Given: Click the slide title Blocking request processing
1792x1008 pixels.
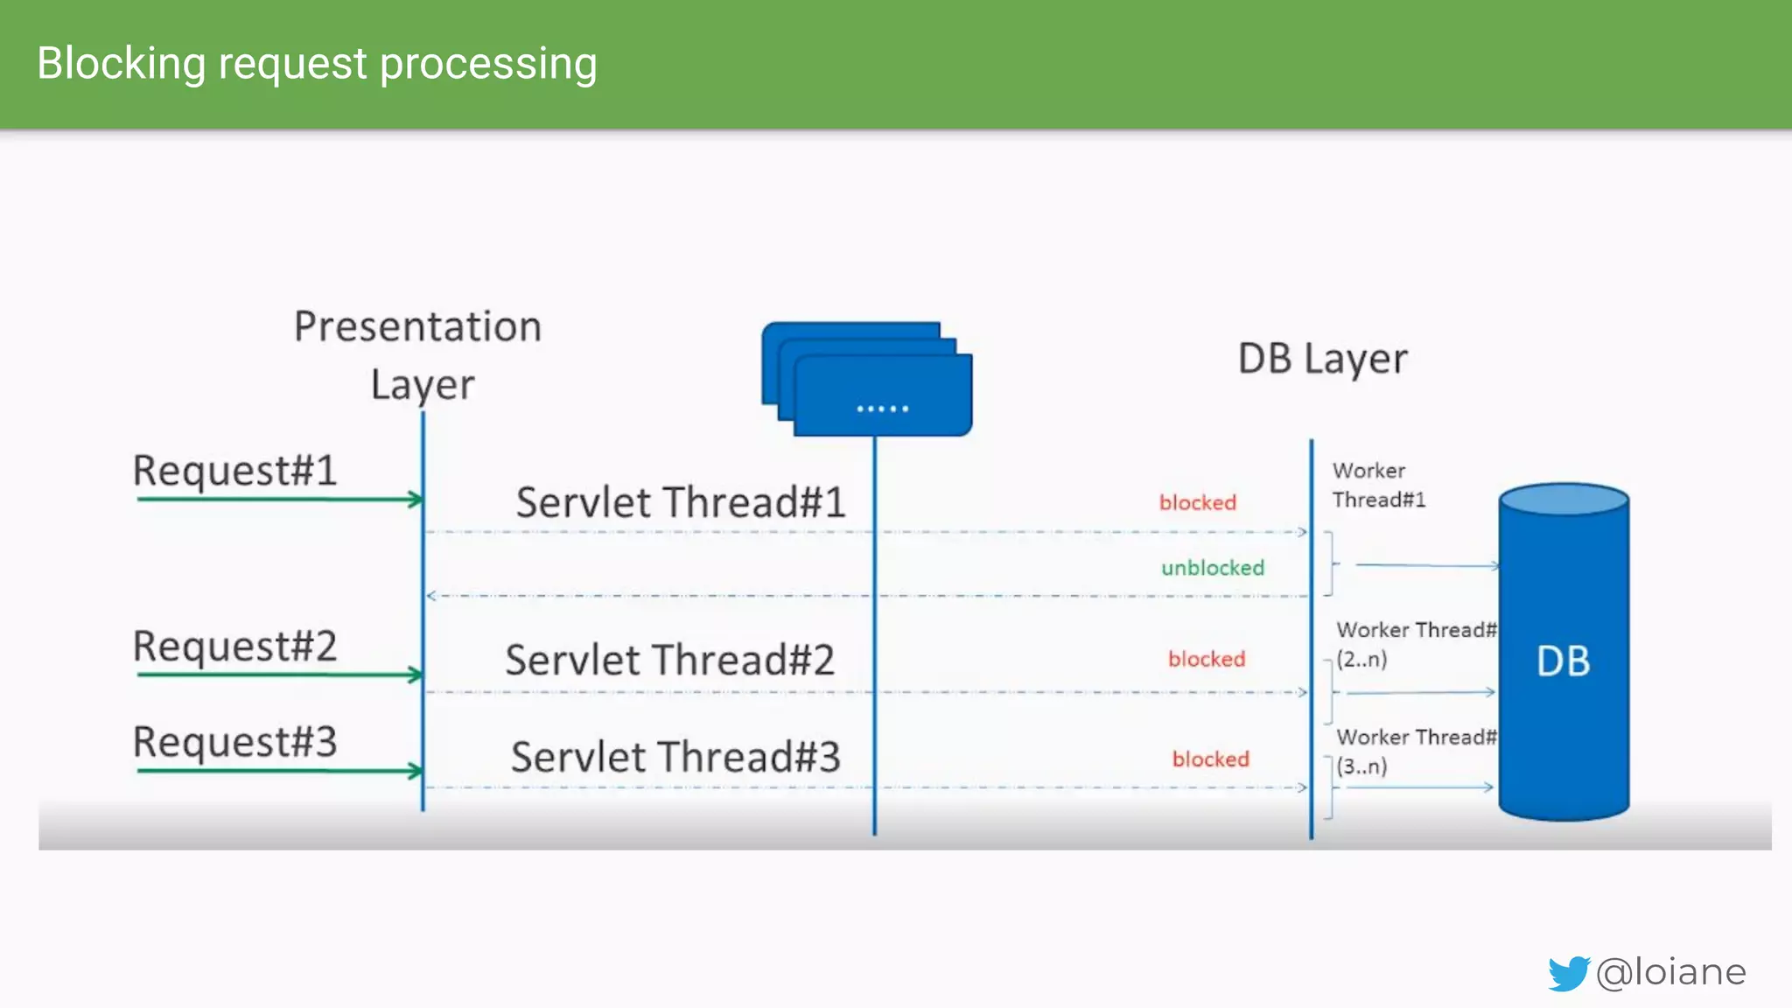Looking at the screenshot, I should pyautogui.click(x=317, y=64).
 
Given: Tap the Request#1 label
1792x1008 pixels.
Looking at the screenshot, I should pyautogui.click(x=234, y=471).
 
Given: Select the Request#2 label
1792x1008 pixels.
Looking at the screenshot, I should pyautogui.click(x=234, y=647).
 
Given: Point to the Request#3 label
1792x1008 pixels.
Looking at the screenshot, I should pyautogui.click(x=234, y=742).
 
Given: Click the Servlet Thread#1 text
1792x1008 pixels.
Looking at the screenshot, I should pyautogui.click(x=680, y=502).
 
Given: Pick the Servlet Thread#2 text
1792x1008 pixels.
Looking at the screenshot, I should pyautogui.click(x=669, y=660).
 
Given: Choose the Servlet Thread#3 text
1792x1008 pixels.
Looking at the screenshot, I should pyautogui.click(x=675, y=757).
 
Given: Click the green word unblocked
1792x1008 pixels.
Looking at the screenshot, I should pyautogui.click(x=1213, y=568).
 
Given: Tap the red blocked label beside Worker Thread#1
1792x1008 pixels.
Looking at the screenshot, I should pyautogui.click(x=1198, y=503).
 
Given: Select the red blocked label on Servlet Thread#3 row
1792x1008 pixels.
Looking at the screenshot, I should pyautogui.click(x=1211, y=759).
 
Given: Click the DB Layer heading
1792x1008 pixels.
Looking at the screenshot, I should pyautogui.click(x=1322, y=360).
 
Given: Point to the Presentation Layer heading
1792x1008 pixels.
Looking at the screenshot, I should pyautogui.click(x=418, y=354).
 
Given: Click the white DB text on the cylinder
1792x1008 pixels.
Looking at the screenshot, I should pyautogui.click(x=1563, y=661).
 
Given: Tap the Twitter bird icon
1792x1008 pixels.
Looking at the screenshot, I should pyautogui.click(x=1568, y=973).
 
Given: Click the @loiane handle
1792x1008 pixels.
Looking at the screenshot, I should pyautogui.click(x=1671, y=972).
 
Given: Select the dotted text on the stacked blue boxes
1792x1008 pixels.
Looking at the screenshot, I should pyautogui.click(x=882, y=409).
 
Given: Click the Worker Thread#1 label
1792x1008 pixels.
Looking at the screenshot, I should pyautogui.click(x=1378, y=485).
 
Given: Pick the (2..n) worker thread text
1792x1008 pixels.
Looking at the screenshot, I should pyautogui.click(x=1361, y=660).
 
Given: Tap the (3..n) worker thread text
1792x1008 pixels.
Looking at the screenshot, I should pyautogui.click(x=1361, y=766).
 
